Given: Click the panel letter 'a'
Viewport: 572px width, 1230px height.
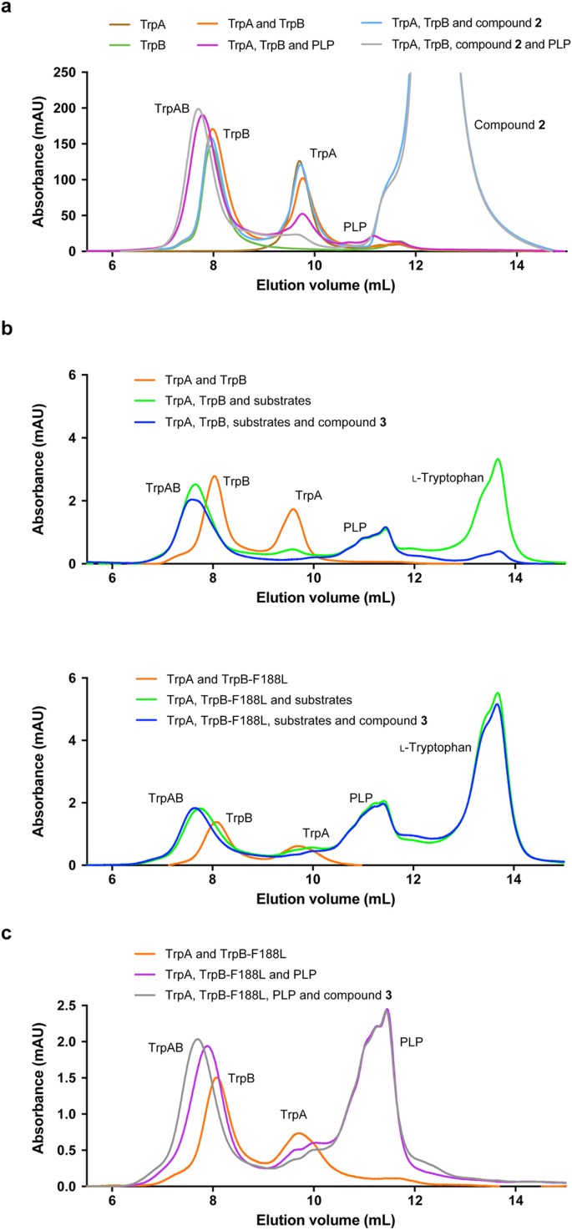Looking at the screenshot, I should (x=10, y=9).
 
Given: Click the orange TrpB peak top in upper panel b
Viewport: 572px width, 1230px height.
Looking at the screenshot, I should (x=215, y=476).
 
